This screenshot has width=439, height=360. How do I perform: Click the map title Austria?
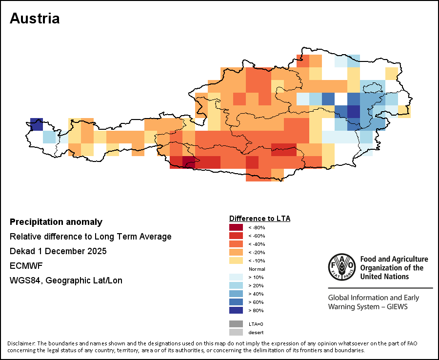coord(35,19)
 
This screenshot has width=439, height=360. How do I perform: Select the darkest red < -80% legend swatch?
coord(236,227)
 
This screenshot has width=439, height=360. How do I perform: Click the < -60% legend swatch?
coord(236,235)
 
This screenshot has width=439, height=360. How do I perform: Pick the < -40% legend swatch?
coord(236,243)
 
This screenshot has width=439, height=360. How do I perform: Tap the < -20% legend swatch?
coord(236,252)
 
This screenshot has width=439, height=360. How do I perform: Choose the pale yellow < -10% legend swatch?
coord(236,260)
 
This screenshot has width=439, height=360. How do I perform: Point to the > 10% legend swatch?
coord(236,277)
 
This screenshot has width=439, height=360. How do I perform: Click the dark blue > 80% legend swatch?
coord(236,310)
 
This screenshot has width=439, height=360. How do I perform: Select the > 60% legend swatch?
coord(236,301)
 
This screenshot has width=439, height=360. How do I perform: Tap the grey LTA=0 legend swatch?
coord(236,324)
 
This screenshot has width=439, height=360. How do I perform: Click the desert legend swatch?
coord(236,332)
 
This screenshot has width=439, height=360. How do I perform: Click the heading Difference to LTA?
coord(259,218)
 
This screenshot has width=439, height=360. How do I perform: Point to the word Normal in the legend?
coord(257,269)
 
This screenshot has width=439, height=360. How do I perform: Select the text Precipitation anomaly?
coord(56,222)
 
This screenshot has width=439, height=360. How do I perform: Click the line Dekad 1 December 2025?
coord(58,251)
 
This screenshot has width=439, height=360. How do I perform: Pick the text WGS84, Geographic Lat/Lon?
coord(66,280)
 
